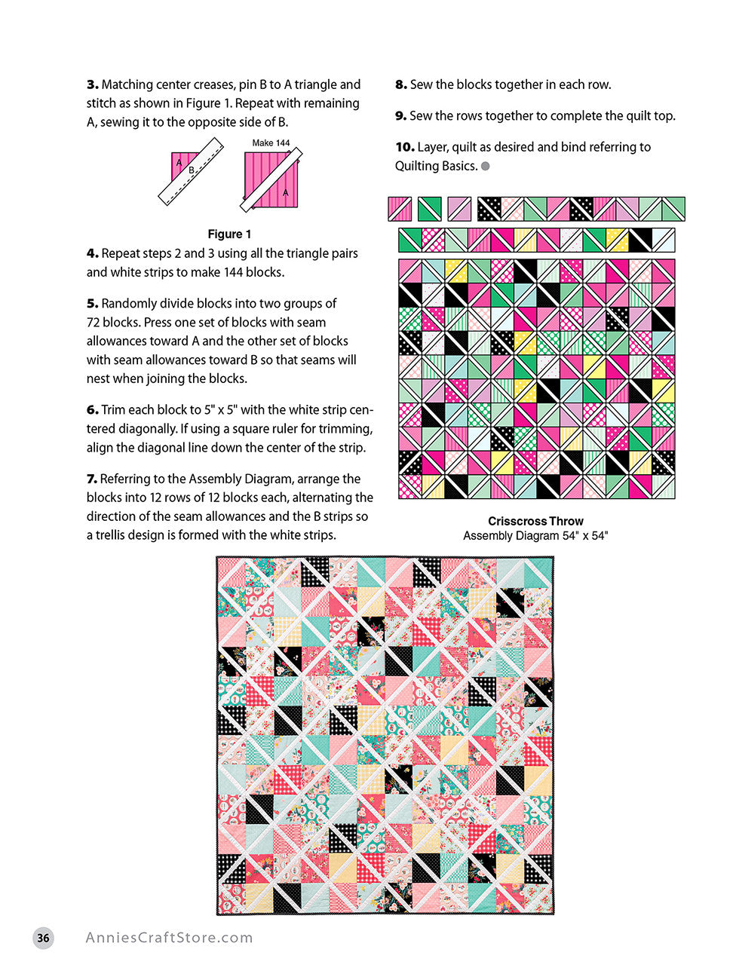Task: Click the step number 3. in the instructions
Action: tap(92, 84)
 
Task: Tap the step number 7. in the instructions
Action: tap(92, 479)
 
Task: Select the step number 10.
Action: tap(404, 147)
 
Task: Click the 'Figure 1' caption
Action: tap(229, 234)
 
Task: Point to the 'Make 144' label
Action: tap(271, 142)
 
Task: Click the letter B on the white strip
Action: tap(192, 170)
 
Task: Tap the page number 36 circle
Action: tap(44, 938)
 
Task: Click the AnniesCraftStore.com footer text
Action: tap(169, 938)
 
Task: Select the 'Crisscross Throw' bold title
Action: tap(535, 521)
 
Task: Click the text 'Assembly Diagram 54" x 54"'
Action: tap(535, 535)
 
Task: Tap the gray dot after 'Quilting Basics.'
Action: tap(486, 166)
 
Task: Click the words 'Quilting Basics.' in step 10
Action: tap(436, 166)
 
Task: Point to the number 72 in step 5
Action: tap(94, 322)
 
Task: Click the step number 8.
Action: tap(400, 84)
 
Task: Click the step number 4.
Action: tap(92, 253)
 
